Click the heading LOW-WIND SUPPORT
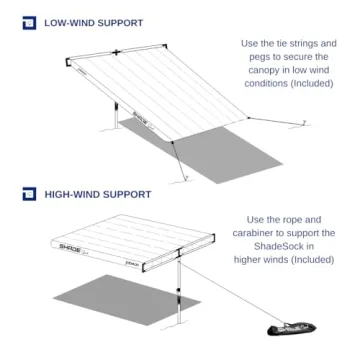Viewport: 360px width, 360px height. coord(92,22)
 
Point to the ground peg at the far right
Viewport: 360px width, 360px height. coord(302,124)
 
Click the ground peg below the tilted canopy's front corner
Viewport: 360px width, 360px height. coord(181,177)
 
